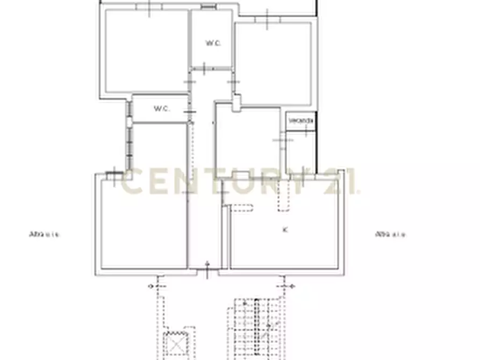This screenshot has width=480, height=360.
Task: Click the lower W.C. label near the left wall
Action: [161, 109]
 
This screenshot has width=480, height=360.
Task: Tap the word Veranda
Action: [300, 121]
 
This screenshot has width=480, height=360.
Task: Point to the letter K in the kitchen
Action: [285, 230]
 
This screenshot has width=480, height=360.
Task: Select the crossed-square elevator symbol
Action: [176, 342]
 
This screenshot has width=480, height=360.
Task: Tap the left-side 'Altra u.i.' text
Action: [45, 234]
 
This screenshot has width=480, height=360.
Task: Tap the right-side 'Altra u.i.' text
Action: [390, 234]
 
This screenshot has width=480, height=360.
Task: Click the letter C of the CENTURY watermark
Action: [131, 182]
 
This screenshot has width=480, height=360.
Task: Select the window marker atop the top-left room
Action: [150, 6]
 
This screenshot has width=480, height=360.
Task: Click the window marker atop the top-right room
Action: [267, 18]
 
